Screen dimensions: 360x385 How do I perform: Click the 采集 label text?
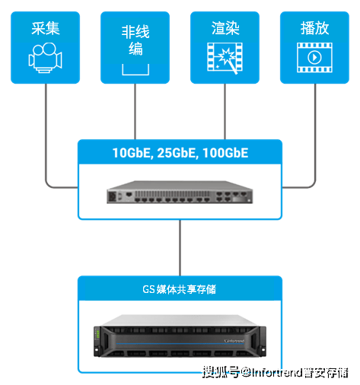46,28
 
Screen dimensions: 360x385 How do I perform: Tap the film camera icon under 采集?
45,58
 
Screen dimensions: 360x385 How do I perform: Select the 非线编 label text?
135,40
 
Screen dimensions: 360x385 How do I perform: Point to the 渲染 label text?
225,28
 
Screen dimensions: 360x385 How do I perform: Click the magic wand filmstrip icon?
225,58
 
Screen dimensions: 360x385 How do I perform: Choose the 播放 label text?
314,28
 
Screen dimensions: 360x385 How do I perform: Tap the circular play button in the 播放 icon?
314,58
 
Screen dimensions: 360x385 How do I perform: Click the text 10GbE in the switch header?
132,153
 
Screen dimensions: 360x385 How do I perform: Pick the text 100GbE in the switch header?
225,153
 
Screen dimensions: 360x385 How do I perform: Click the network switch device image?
180,192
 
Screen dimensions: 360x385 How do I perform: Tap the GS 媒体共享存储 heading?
179,289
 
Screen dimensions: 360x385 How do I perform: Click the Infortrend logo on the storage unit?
234,341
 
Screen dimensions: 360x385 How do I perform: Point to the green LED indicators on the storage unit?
97,333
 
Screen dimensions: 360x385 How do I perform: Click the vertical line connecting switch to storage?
180,247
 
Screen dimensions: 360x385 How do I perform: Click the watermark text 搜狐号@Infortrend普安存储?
276,372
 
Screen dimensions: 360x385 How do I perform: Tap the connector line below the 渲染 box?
225,112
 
